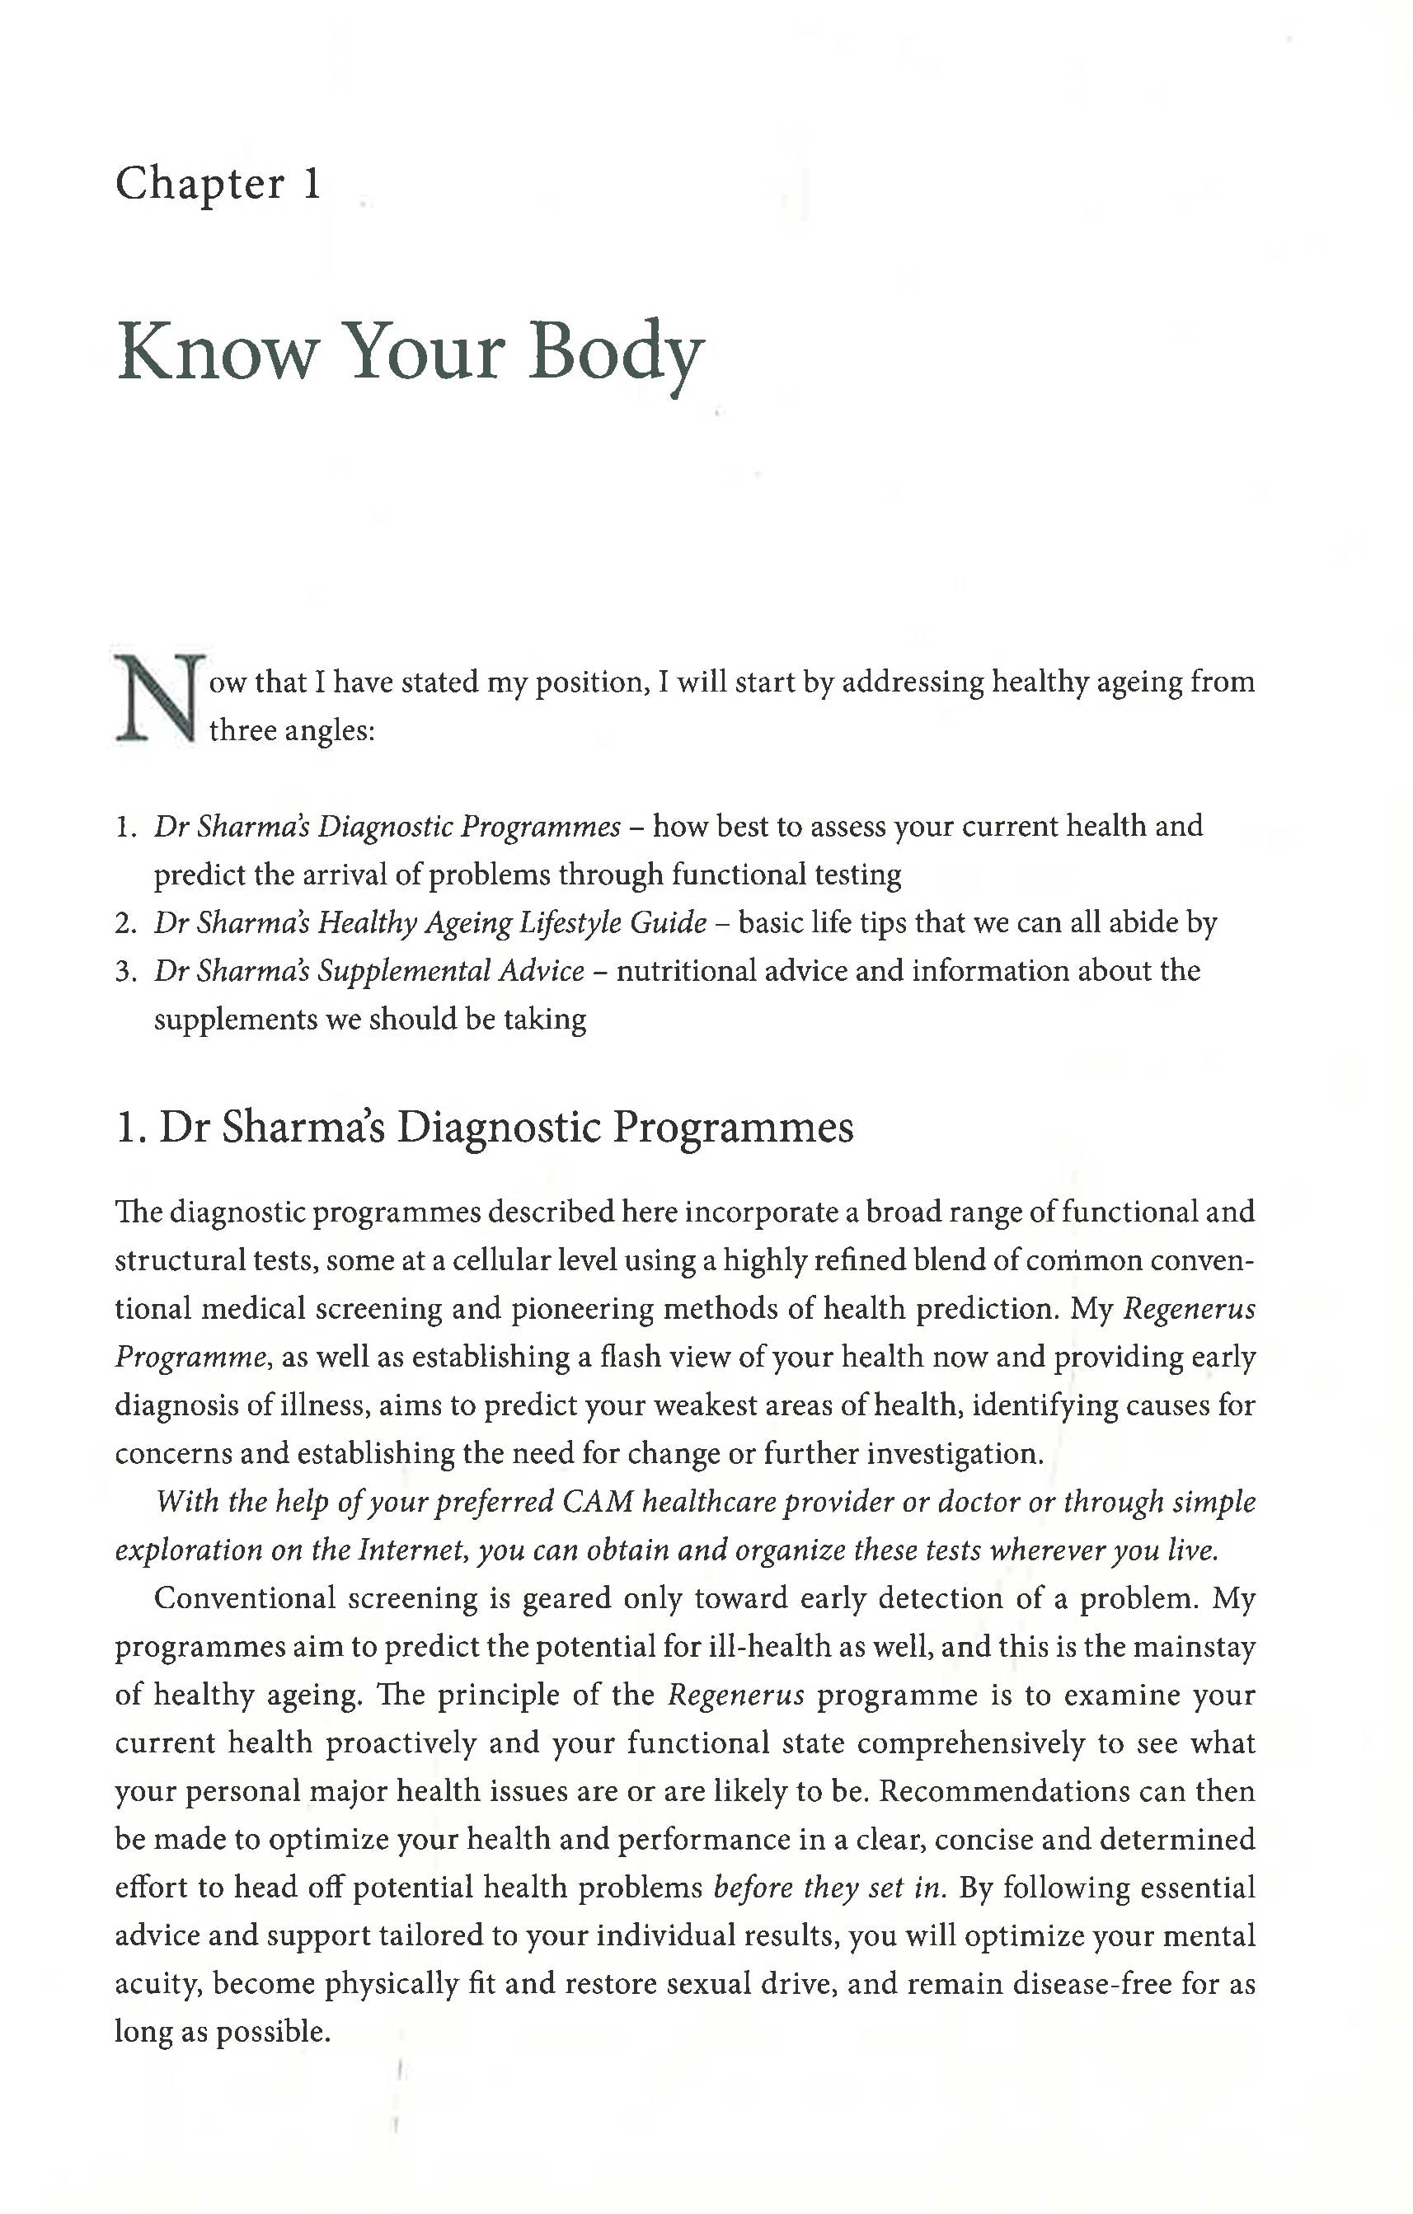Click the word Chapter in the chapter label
pyautogui.click(x=200, y=185)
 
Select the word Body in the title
pyautogui.click(x=616, y=354)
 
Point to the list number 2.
pyautogui.click(x=125, y=922)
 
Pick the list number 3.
pyautogui.click(x=125, y=971)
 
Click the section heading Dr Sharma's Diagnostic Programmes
pyautogui.click(x=485, y=1128)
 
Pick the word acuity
pyautogui.click(x=157, y=1984)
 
